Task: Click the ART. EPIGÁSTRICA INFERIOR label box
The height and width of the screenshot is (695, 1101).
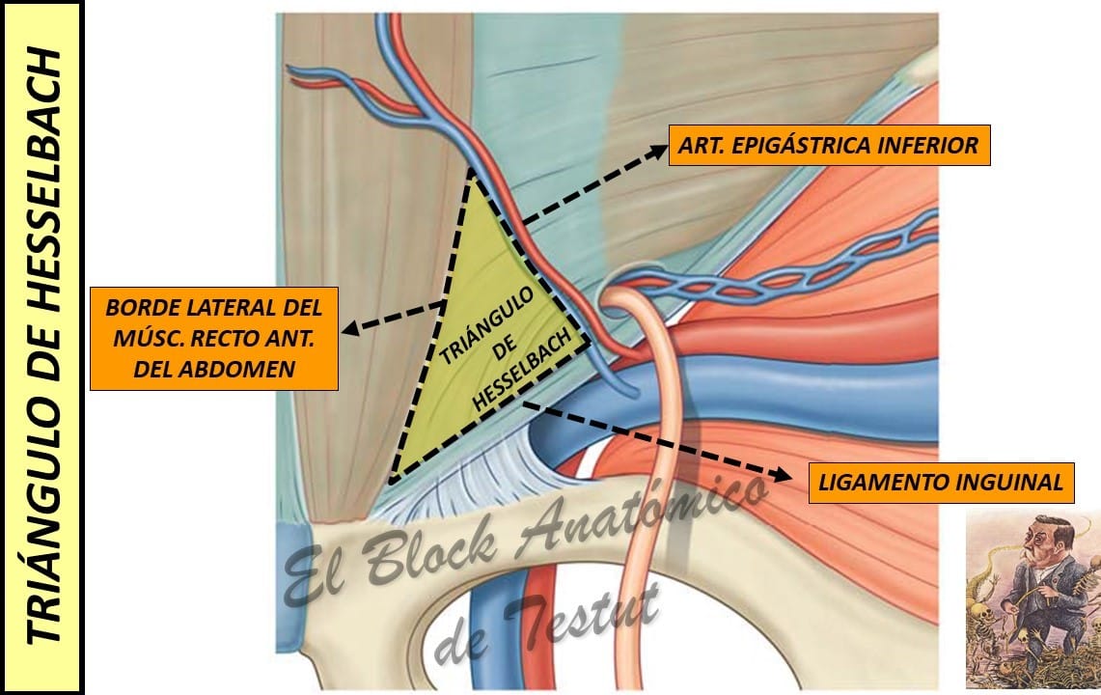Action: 829,146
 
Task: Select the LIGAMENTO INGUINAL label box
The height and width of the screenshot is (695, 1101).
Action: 942,483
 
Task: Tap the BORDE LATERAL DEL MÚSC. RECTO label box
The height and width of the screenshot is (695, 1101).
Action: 214,339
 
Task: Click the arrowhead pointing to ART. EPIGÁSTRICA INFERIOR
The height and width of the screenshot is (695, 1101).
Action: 659,150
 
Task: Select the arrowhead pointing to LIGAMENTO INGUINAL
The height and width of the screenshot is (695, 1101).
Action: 782,474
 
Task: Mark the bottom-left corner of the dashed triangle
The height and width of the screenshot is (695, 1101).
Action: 393,480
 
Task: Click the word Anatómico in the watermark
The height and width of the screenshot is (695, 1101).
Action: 643,510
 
